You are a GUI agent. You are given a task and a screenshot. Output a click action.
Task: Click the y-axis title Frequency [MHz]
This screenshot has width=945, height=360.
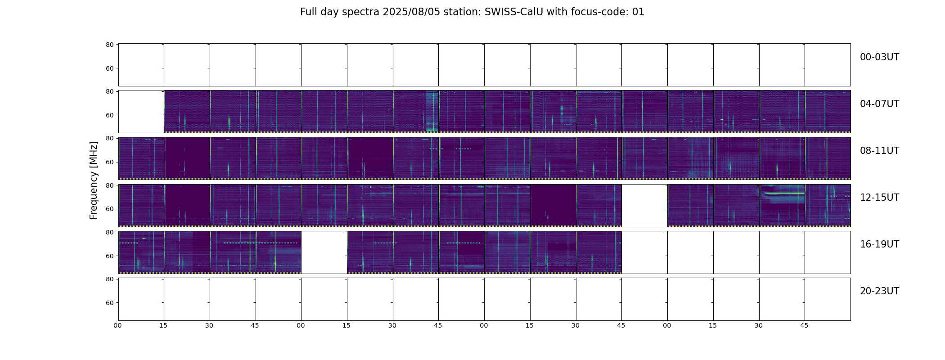point(94,180)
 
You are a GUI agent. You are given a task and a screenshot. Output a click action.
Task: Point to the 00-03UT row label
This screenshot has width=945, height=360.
point(879,57)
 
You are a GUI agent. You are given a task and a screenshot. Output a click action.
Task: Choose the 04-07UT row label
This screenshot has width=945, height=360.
point(879,104)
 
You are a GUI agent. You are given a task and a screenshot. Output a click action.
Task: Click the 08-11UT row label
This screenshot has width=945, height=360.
point(879,151)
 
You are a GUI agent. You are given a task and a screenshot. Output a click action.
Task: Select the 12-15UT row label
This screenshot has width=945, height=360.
point(879,198)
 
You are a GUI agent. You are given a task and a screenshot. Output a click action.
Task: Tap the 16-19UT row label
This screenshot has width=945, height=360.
point(879,244)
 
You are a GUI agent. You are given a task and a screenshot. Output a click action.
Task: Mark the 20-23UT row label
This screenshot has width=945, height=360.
point(879,291)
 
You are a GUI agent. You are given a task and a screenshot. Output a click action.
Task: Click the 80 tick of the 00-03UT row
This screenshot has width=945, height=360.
point(109,45)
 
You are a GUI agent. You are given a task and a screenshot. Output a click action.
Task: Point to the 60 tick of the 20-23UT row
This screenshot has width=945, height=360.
point(109,303)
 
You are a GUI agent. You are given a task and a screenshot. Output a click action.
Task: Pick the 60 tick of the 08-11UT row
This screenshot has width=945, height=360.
point(109,162)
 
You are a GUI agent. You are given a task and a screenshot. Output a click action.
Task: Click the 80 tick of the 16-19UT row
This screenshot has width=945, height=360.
point(109,232)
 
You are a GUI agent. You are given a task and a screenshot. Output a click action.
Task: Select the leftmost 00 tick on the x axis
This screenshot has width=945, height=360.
point(118,325)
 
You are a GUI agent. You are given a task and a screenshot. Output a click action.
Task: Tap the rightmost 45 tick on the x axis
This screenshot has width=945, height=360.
point(804,325)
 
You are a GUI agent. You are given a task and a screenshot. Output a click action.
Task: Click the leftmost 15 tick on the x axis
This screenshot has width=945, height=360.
point(163,325)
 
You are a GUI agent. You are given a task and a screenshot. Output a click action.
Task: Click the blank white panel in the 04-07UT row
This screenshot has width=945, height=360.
point(141,112)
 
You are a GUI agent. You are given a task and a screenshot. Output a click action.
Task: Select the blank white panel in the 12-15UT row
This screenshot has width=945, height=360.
point(644,205)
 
